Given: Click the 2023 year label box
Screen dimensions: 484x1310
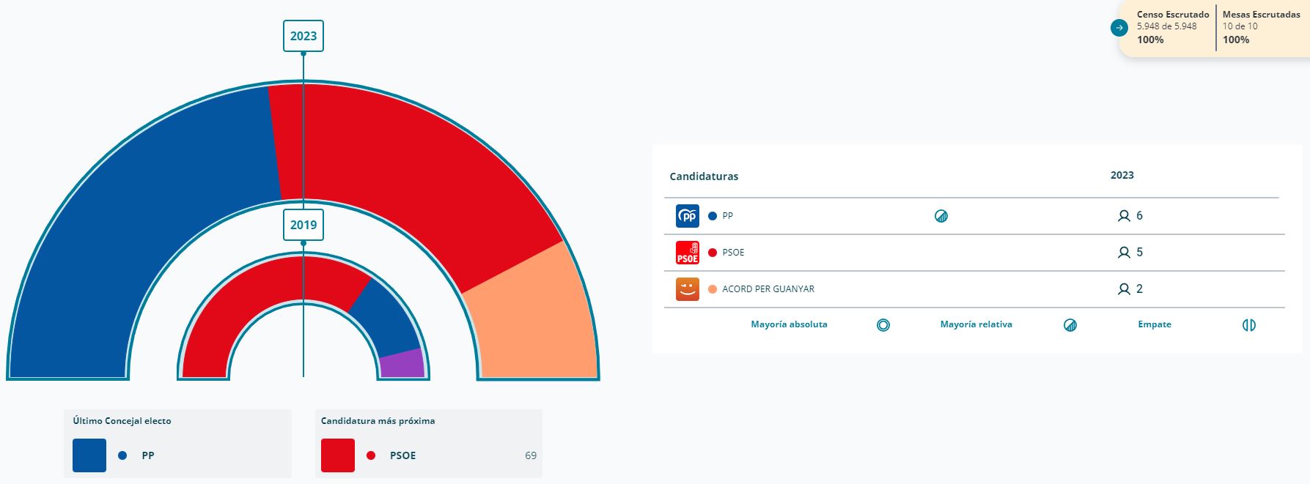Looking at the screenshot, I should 303,36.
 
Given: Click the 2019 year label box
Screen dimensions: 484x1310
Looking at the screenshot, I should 303,225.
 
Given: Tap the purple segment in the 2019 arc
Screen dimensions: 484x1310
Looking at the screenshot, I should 402,363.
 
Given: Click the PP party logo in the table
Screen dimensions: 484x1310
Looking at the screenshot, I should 687,216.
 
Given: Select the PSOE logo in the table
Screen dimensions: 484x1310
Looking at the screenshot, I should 687,253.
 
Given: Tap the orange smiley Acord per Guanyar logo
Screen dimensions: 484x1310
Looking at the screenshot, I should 687,289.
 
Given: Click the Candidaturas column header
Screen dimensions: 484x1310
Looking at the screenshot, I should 704,176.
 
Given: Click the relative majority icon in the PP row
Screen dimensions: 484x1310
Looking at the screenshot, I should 941,216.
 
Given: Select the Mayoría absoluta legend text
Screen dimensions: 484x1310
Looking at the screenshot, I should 789,324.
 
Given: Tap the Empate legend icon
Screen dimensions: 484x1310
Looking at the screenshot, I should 1248,325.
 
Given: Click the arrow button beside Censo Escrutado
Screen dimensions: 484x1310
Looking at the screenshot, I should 1119,28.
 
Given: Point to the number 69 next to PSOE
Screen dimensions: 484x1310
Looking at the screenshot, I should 531,455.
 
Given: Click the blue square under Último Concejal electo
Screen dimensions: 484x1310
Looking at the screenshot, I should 89,455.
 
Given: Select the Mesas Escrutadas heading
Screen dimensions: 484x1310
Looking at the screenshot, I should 1261,15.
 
